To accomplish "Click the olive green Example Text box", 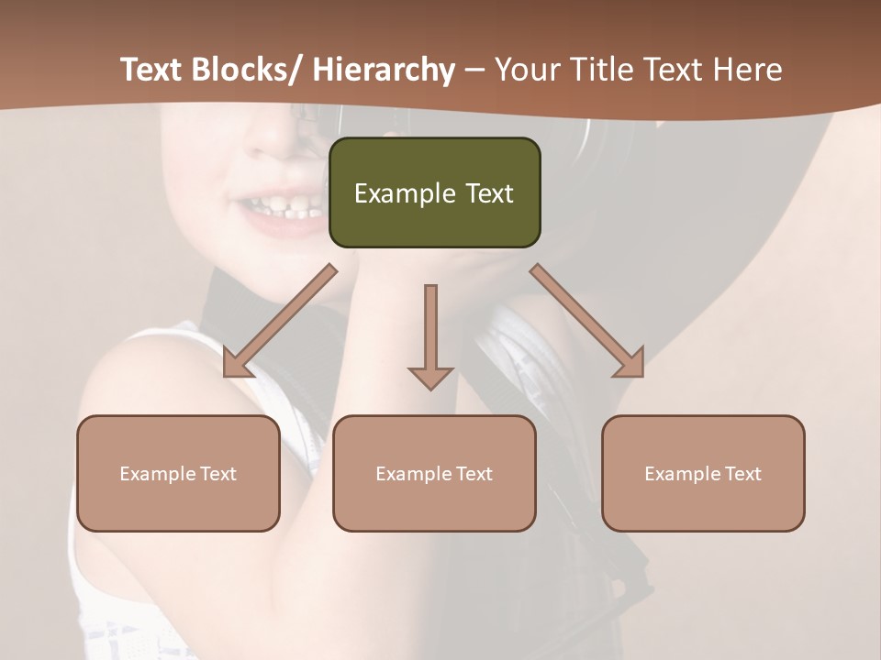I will (x=434, y=192).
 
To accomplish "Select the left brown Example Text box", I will (x=178, y=473).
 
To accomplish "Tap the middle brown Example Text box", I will (x=434, y=473).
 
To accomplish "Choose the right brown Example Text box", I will (x=703, y=473).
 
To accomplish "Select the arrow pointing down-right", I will (x=588, y=322).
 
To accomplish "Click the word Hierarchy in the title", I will (x=384, y=70).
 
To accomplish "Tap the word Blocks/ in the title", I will (x=251, y=70).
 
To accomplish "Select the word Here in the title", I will (x=747, y=70).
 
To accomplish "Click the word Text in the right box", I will (x=742, y=474).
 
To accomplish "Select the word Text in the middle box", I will (x=474, y=474).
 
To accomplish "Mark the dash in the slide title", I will (x=474, y=70).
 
